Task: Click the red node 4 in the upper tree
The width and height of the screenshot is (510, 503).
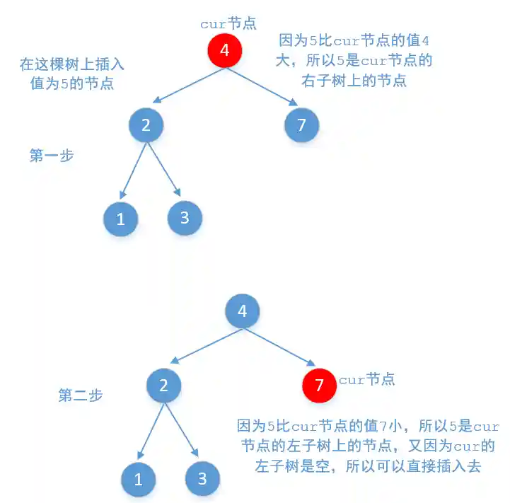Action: coord(225,50)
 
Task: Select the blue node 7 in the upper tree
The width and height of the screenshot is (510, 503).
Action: coord(301,125)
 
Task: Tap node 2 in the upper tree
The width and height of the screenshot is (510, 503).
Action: coord(146,125)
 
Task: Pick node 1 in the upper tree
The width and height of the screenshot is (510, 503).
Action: coord(120,219)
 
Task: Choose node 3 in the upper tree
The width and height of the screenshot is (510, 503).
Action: coord(185,217)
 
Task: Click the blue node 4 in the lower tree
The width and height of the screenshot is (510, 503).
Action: coord(243,311)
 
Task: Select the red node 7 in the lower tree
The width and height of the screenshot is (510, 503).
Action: coord(319,385)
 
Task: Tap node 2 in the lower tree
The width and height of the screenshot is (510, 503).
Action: coord(164,385)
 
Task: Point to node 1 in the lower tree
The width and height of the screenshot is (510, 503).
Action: coord(138,479)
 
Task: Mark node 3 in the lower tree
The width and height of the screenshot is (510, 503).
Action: coord(202,479)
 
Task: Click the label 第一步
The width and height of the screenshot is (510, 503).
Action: coord(52,156)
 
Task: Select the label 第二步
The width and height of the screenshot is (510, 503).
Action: coord(80,395)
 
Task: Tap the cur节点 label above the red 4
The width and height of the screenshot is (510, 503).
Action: coord(228,23)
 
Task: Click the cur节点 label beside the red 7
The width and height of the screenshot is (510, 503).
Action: coord(366,380)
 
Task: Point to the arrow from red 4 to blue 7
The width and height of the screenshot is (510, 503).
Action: coord(267,83)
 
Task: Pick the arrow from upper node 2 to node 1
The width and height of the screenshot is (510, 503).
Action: coord(134,170)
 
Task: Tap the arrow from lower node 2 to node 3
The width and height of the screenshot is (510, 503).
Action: coord(182,431)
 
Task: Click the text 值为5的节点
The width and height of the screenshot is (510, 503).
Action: coord(72,83)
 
